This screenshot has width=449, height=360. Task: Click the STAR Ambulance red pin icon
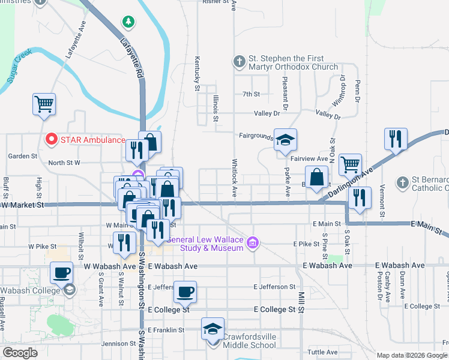[52, 140]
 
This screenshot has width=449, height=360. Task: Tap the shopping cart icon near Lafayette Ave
[44, 104]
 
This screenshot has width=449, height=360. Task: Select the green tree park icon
[128, 22]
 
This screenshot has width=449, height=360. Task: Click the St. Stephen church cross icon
[239, 61]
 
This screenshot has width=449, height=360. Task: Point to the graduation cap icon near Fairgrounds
[286, 140]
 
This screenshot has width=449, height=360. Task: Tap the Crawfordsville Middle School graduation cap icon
[212, 329]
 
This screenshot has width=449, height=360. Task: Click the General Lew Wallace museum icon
[253, 242]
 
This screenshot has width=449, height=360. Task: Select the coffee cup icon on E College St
[185, 292]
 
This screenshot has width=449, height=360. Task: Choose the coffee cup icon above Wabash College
[61, 273]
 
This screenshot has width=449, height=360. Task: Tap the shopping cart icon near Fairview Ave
[349, 164]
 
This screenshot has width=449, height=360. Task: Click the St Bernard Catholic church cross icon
[403, 182]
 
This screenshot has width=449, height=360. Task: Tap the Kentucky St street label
[197, 73]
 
